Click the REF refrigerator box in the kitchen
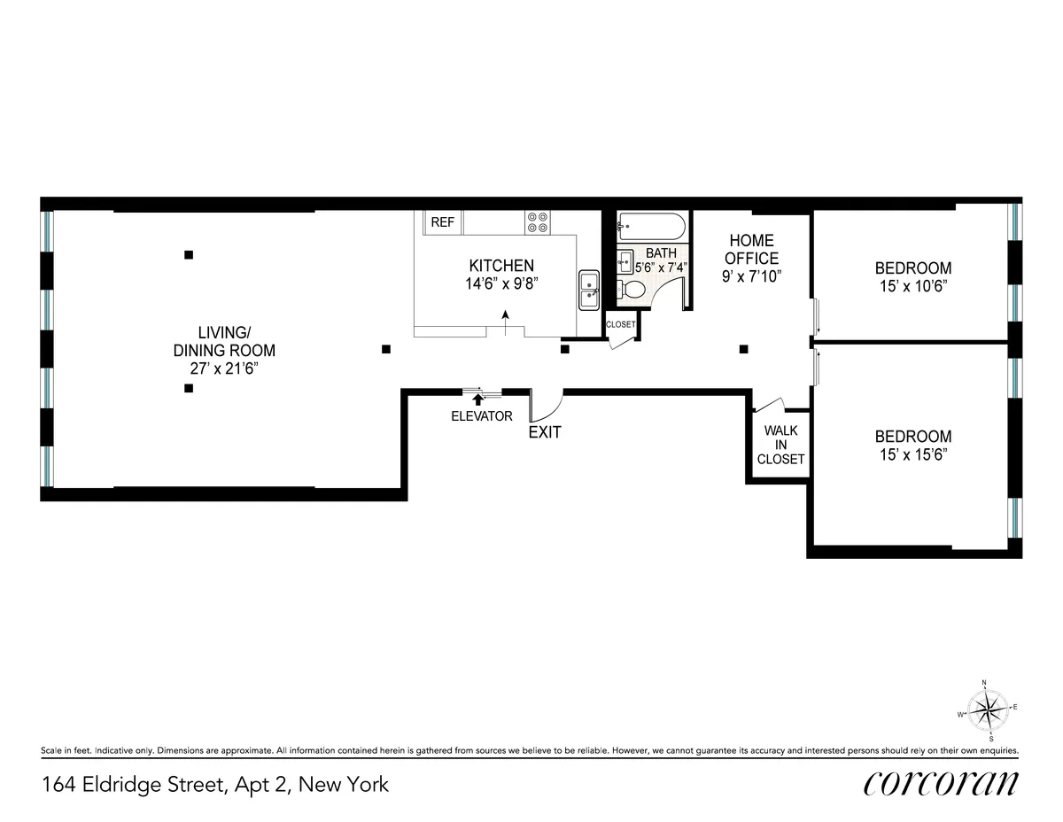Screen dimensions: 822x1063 [442, 222]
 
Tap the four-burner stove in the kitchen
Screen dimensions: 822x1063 [537, 221]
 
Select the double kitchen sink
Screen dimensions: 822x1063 [589, 290]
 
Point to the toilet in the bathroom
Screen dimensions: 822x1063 [633, 290]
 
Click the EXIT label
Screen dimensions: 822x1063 [544, 433]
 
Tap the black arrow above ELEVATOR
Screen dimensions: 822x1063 [478, 400]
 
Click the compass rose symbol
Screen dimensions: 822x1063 [987, 710]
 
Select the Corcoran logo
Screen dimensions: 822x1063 [941, 783]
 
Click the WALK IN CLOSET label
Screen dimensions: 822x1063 [780, 445]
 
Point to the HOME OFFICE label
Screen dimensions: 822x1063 [752, 249]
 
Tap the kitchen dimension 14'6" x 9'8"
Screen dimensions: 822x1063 [502, 283]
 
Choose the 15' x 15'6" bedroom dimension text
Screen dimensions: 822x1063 [913, 454]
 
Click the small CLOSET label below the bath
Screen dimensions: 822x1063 [620, 324]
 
